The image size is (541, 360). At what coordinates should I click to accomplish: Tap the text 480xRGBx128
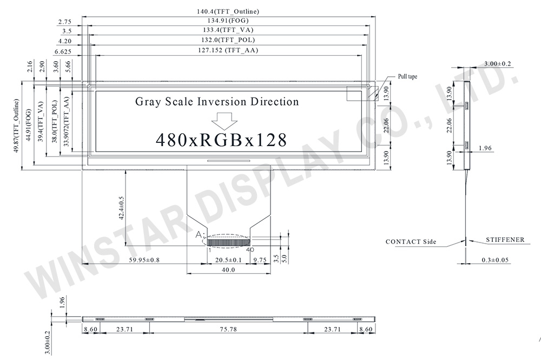click(221, 140)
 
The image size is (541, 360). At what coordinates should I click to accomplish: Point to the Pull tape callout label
click(407, 77)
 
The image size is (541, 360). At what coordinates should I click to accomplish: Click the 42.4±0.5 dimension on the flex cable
click(122, 207)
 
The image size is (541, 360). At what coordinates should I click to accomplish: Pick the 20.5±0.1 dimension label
click(229, 260)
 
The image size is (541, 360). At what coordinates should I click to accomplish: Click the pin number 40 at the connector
click(250, 250)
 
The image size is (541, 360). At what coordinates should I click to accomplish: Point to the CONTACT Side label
click(411, 241)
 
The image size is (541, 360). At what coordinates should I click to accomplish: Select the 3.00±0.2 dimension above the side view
click(497, 64)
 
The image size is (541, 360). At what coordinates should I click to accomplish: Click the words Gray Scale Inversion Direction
click(216, 101)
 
